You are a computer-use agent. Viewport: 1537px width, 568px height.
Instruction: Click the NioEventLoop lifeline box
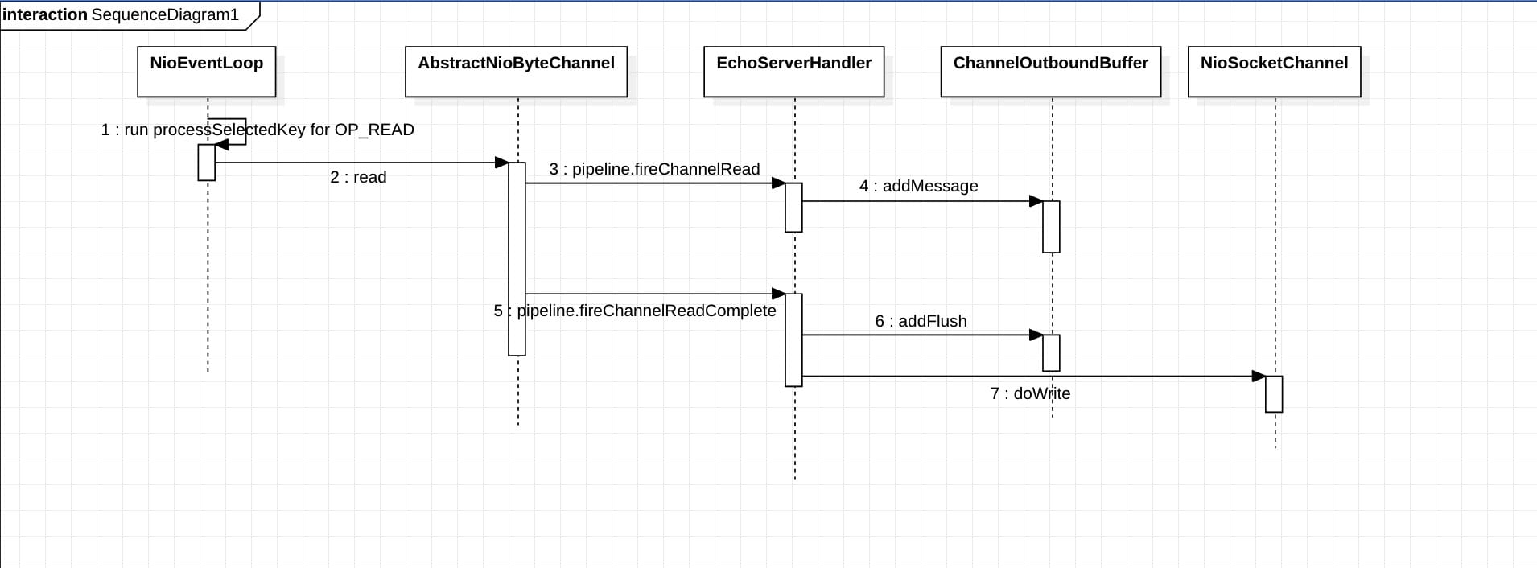(207, 72)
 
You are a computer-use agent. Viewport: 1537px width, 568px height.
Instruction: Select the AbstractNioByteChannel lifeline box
(516, 72)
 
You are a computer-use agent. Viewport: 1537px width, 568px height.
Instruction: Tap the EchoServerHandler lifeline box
(794, 72)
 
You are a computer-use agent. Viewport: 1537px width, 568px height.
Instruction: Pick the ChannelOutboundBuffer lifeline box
(1051, 72)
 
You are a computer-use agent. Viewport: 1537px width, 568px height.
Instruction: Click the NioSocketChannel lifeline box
(1275, 72)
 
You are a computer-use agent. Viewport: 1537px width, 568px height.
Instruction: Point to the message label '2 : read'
(358, 177)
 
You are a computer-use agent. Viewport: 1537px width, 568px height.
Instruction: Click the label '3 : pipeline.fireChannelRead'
(655, 169)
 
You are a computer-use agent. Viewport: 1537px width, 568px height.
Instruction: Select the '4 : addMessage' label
(919, 186)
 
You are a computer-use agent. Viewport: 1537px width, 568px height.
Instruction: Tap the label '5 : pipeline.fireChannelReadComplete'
(635, 311)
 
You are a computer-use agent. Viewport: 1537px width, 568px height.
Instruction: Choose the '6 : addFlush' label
(921, 321)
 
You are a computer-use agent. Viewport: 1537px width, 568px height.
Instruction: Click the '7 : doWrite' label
(1031, 393)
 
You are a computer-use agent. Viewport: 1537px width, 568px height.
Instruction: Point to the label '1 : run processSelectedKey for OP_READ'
(258, 130)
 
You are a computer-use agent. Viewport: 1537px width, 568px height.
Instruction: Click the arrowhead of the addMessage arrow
(1036, 201)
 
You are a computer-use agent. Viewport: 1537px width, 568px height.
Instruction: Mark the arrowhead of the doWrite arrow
(1259, 376)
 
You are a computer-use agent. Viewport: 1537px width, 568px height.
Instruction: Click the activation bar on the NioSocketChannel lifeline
(1274, 394)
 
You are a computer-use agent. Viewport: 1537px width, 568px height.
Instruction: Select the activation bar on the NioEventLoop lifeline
(207, 163)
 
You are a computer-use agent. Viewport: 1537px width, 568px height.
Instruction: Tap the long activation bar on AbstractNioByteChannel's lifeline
(517, 259)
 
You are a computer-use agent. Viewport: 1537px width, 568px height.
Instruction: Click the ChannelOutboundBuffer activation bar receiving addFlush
(1051, 353)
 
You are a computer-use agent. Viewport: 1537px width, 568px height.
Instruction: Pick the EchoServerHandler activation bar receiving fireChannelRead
(794, 208)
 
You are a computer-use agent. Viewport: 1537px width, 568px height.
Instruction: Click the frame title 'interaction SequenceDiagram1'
(121, 14)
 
